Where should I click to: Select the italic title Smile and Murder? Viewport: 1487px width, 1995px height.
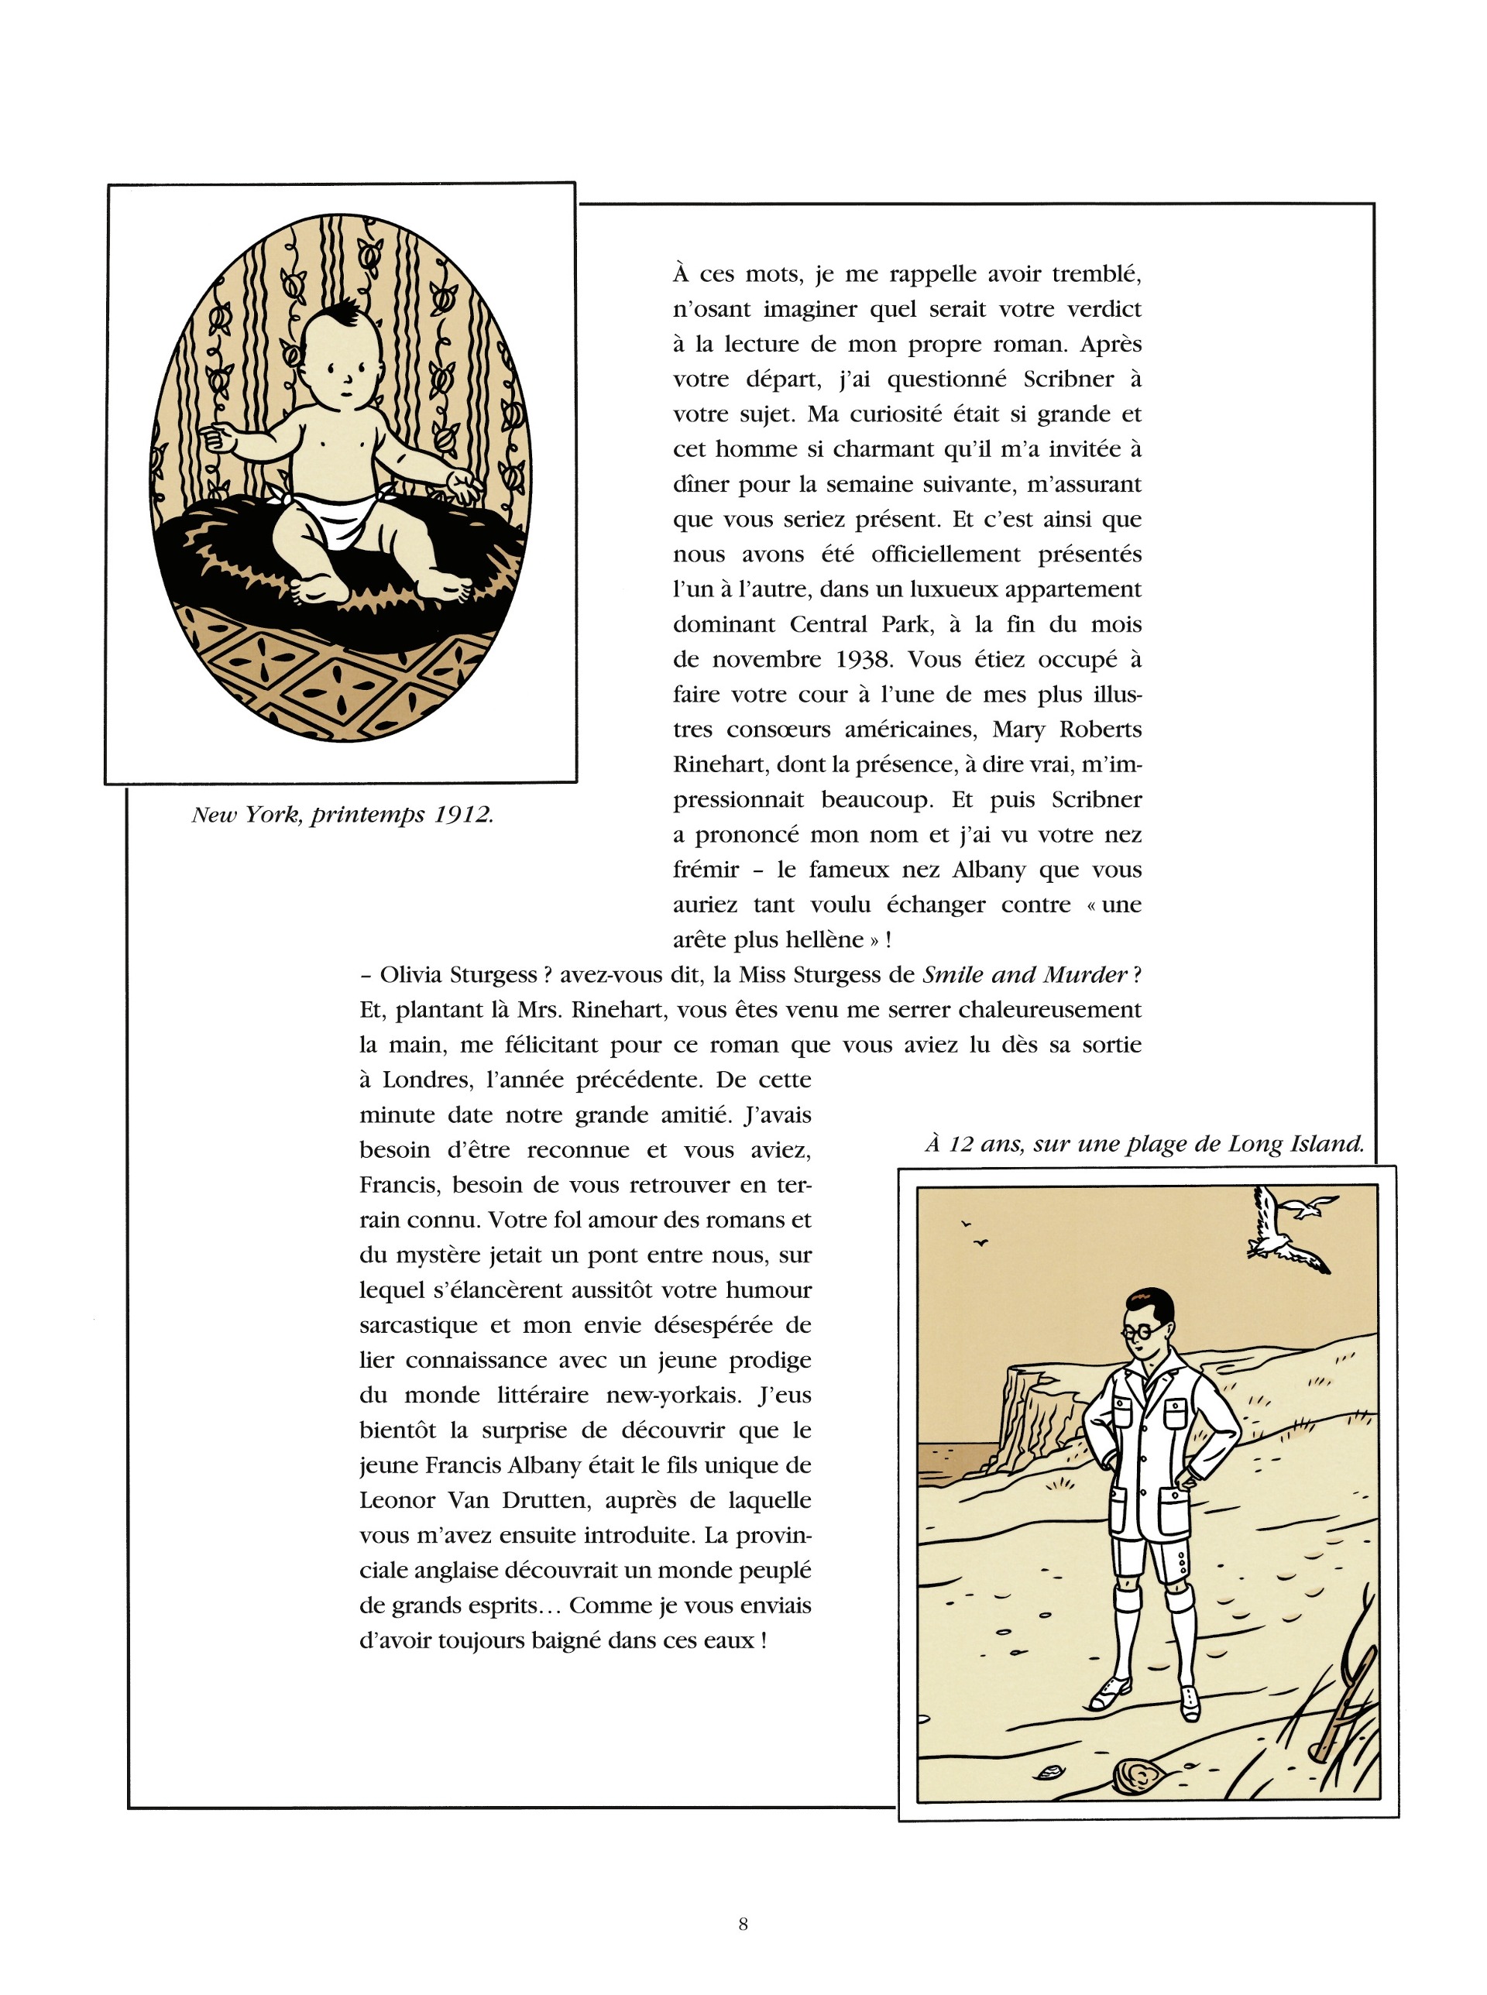coord(1025,974)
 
